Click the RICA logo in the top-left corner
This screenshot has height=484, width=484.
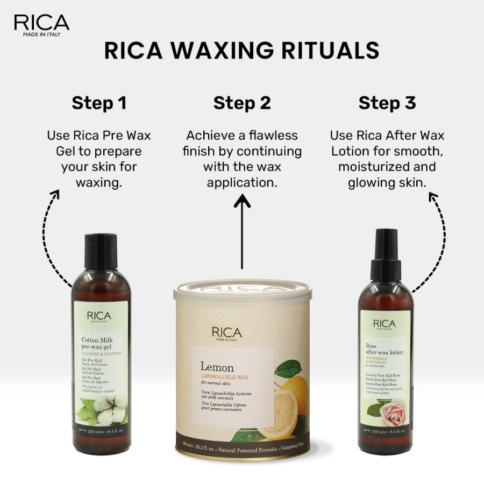(x=41, y=24)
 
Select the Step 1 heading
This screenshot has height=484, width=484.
(x=99, y=103)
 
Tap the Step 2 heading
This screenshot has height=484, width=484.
(x=242, y=103)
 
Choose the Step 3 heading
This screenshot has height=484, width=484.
(x=387, y=103)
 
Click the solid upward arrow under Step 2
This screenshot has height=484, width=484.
(x=242, y=231)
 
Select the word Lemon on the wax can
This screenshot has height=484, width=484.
(x=217, y=368)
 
